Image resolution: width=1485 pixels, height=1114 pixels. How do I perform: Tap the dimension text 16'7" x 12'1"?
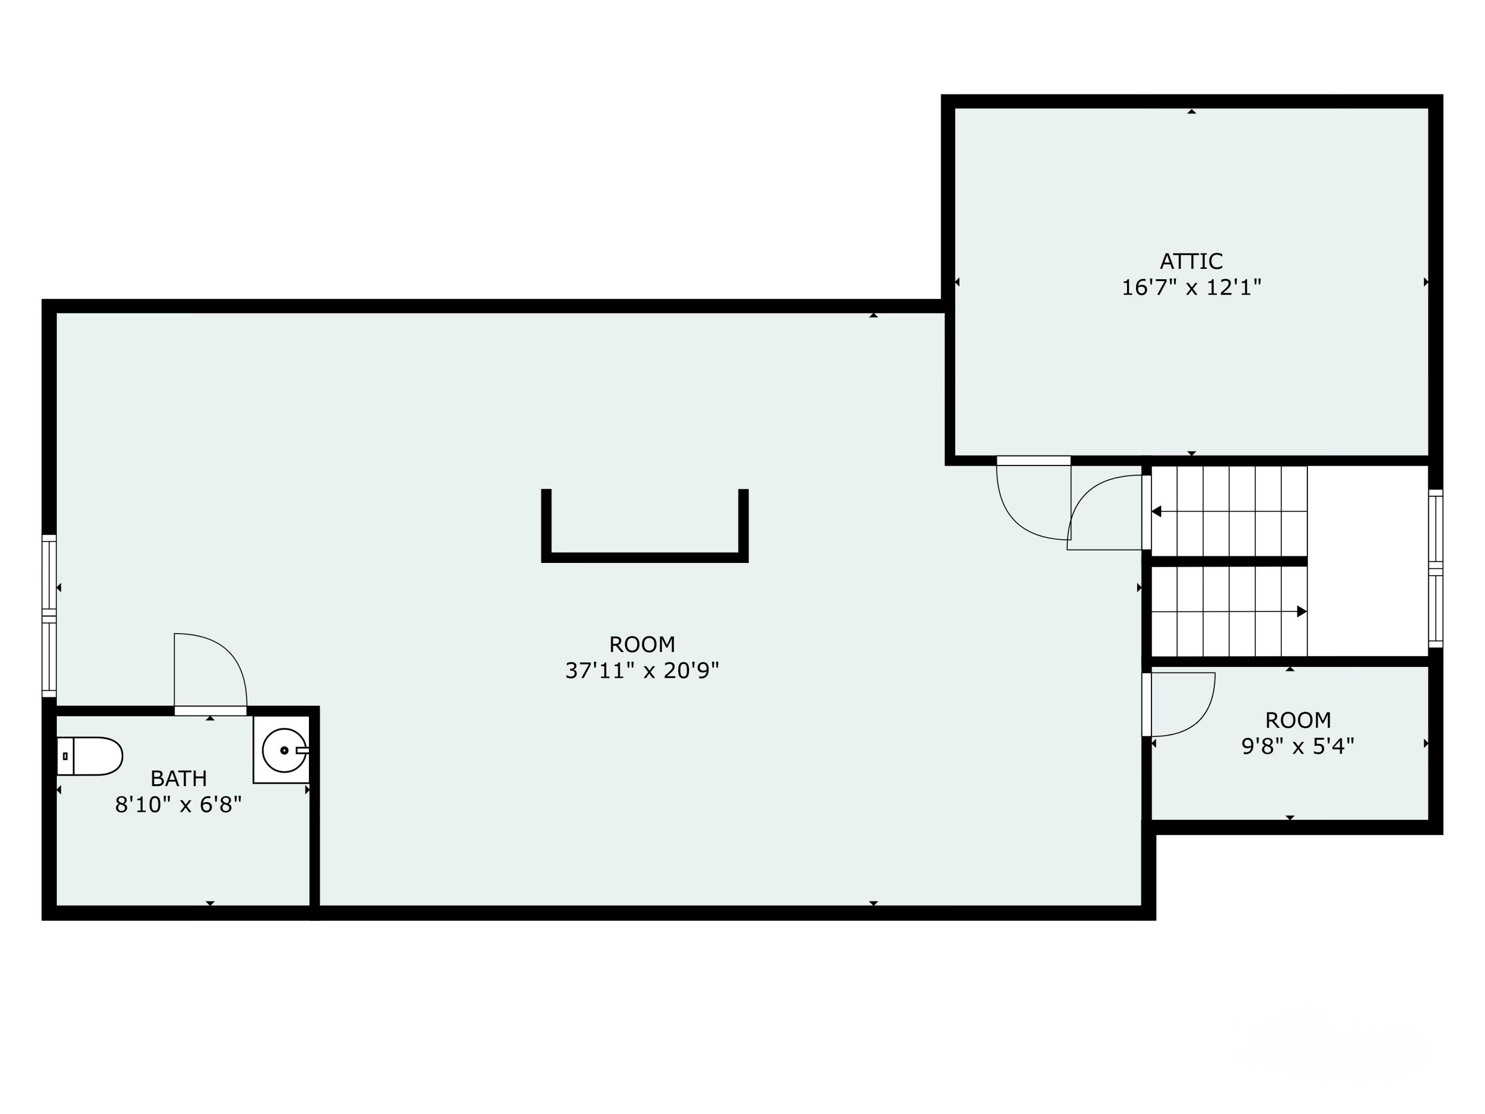coord(1191,287)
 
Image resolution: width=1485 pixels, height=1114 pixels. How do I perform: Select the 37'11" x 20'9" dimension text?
coord(642,670)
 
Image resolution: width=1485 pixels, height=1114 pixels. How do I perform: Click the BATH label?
coord(179,778)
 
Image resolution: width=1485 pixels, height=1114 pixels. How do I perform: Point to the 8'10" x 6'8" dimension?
coord(179,805)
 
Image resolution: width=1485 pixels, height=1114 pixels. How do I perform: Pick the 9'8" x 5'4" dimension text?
coord(1298,746)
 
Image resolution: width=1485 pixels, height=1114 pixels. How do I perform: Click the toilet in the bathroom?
coord(89,756)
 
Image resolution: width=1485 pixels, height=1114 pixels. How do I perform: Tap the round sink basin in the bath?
coord(284,750)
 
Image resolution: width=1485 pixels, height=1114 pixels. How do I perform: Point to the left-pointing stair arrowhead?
coord(1156,511)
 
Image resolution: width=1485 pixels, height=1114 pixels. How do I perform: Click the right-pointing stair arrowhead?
coord(1302,612)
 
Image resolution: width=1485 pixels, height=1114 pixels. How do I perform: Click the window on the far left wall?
coord(49,616)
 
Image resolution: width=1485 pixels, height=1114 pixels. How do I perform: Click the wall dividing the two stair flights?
coord(1229,561)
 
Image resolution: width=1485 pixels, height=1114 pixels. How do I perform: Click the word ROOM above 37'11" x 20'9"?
coord(642,644)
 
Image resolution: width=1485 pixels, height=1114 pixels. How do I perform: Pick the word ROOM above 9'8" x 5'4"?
coord(1298,720)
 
